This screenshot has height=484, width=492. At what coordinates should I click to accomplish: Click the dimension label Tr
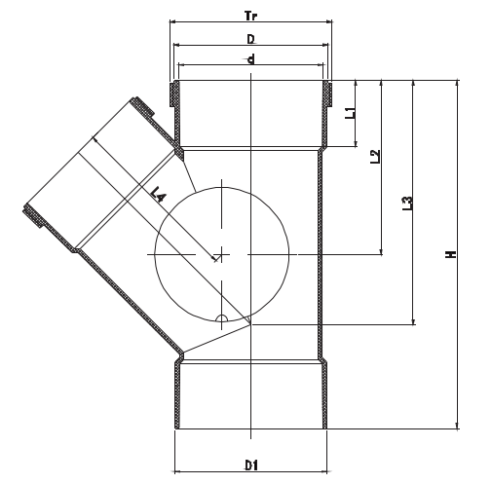pyautogui.click(x=250, y=11)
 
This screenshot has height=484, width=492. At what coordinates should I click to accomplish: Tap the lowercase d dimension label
pyautogui.click(x=250, y=59)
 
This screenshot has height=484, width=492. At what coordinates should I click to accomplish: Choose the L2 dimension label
pyautogui.click(x=375, y=156)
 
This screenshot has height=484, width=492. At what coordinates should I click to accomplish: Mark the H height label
pyautogui.click(x=450, y=254)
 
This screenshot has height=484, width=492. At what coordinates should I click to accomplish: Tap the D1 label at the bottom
pyautogui.click(x=250, y=464)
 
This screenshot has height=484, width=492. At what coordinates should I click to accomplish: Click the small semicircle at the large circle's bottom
pyautogui.click(x=222, y=317)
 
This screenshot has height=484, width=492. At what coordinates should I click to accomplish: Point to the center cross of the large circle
pyautogui.click(x=222, y=254)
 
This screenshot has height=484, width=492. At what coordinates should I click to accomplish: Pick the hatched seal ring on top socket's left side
pyautogui.click(x=173, y=94)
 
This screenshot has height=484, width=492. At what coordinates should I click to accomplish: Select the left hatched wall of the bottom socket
pyautogui.click(x=177, y=393)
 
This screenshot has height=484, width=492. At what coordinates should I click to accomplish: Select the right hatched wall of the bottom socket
pyautogui.click(x=324, y=393)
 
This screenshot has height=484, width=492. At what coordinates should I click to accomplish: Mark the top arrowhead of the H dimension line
pyautogui.click(x=457, y=85)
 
